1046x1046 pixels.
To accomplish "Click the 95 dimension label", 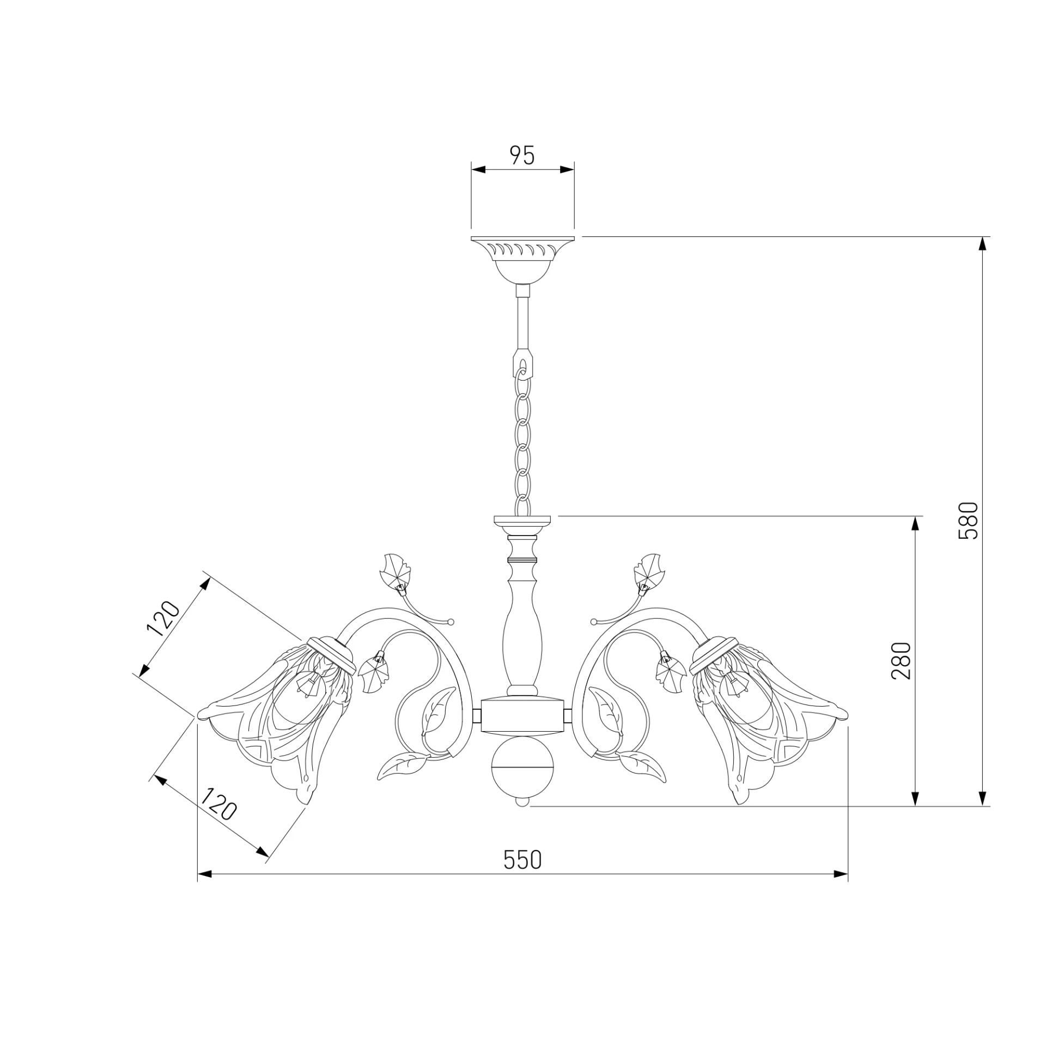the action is [x=522, y=156].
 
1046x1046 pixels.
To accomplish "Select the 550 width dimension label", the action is [x=522, y=860].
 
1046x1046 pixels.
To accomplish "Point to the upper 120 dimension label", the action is [x=163, y=619].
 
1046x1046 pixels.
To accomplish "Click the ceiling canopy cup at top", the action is [x=522, y=260].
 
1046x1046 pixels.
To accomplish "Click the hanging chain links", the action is [x=523, y=436].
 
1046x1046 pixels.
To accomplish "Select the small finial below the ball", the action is [x=522, y=801].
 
